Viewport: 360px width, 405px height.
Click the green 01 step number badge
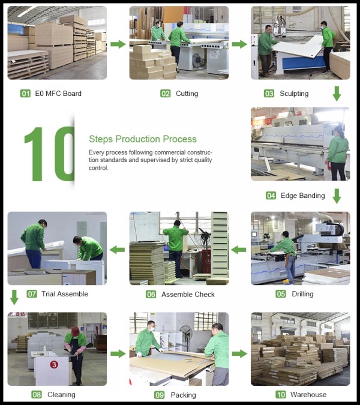[25, 94]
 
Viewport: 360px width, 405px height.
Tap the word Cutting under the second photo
[187, 94]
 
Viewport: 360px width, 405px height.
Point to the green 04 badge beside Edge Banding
[271, 196]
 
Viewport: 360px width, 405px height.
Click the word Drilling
[302, 294]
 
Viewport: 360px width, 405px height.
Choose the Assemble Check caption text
[188, 295]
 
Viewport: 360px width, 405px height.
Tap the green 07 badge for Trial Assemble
[32, 294]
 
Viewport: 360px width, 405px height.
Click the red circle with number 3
[54, 364]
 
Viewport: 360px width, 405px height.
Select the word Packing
[184, 395]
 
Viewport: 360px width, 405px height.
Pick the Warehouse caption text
[308, 395]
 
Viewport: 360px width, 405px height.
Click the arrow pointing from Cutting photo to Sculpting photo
[239, 44]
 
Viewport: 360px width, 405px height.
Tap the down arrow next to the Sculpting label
[337, 94]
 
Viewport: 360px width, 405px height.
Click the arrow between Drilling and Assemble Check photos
[239, 250]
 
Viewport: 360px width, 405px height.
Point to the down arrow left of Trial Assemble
[14, 297]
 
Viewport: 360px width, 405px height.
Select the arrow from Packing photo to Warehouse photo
[239, 354]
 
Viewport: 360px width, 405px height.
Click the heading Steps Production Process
[143, 139]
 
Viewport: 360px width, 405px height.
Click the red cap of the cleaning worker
[75, 331]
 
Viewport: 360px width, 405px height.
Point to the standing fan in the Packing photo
[186, 336]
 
